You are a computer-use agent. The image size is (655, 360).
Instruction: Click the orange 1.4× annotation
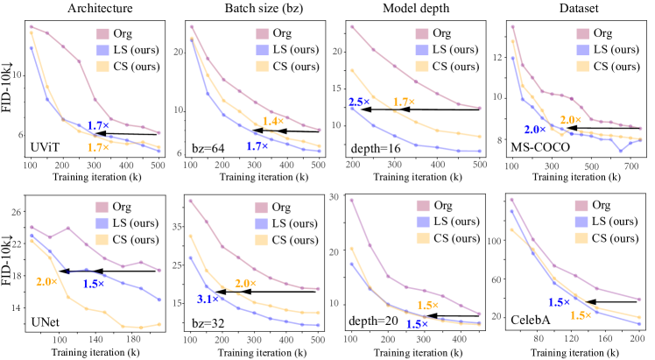click(x=272, y=121)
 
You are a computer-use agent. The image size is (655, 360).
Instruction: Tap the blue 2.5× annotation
click(x=358, y=102)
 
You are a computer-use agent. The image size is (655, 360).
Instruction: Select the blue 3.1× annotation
click(x=208, y=300)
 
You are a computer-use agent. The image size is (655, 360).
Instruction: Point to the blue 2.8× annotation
click(x=534, y=130)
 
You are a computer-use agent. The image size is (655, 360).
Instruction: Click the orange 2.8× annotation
click(x=46, y=281)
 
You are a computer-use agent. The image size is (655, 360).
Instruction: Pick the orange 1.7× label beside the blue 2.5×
click(x=404, y=102)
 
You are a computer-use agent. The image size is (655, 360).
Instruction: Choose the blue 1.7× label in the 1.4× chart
click(x=257, y=146)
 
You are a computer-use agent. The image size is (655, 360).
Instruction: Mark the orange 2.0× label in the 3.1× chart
click(x=245, y=283)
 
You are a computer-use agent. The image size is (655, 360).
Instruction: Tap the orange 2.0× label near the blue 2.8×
click(x=570, y=119)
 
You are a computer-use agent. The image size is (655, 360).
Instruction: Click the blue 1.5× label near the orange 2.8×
click(x=94, y=284)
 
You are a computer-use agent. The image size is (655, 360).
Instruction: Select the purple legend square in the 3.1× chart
click(x=262, y=208)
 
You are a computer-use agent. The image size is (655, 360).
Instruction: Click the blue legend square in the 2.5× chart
click(x=422, y=50)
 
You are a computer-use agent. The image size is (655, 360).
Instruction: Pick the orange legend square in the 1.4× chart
click(x=263, y=67)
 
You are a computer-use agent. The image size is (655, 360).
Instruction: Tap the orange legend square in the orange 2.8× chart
click(x=102, y=239)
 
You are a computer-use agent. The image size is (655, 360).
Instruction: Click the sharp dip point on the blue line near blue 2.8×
click(x=621, y=151)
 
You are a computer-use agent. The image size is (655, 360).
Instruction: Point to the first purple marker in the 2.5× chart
click(x=351, y=26)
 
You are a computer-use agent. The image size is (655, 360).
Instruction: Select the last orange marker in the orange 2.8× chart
click(x=159, y=324)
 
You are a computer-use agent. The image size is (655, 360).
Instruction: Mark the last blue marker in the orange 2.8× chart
click(x=159, y=300)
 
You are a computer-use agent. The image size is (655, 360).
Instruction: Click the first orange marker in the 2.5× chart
click(x=351, y=70)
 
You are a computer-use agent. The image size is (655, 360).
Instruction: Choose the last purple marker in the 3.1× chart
click(x=319, y=288)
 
